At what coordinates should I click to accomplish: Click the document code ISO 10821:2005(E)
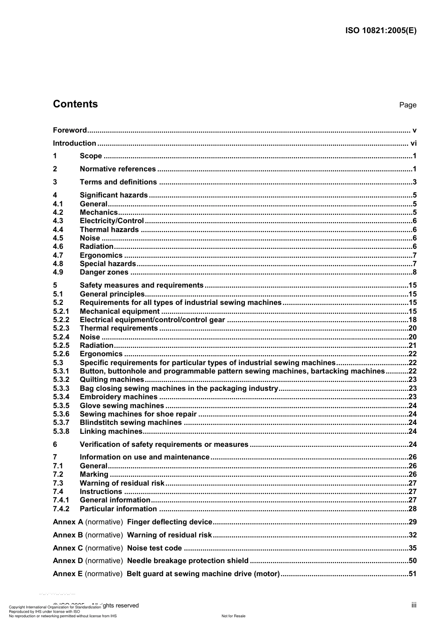(x=380, y=31)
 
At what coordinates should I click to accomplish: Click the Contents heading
(x=75, y=104)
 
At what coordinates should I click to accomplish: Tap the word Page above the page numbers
(x=408, y=105)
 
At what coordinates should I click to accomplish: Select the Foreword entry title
(x=70, y=130)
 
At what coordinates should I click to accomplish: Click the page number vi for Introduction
(x=413, y=143)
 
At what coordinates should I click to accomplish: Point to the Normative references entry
(x=118, y=169)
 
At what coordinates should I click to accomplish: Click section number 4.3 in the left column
(x=58, y=221)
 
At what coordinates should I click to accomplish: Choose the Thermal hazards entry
(x=109, y=230)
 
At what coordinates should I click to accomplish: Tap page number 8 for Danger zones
(x=414, y=272)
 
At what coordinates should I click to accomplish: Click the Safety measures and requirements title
(x=142, y=285)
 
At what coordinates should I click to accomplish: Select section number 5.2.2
(x=61, y=320)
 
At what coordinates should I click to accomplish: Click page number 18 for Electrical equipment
(x=412, y=320)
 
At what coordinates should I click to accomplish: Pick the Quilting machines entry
(x=112, y=380)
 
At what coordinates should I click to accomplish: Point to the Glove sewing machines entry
(x=122, y=406)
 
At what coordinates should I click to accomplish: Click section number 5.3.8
(x=61, y=431)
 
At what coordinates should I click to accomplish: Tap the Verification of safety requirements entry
(x=164, y=445)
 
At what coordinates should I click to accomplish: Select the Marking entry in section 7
(x=94, y=474)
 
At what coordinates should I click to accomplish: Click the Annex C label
(x=68, y=548)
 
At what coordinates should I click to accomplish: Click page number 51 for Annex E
(x=412, y=574)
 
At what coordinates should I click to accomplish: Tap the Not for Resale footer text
(x=233, y=616)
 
